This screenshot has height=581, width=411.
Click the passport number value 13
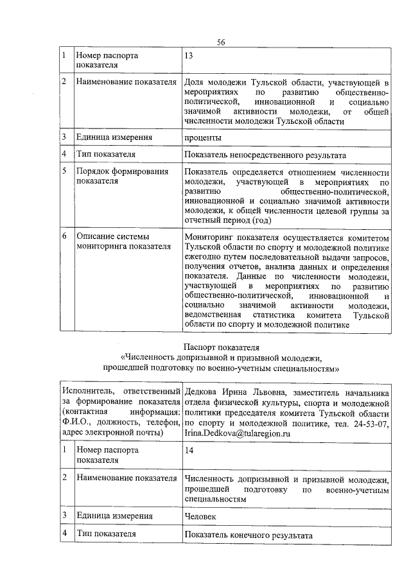pos(189,56)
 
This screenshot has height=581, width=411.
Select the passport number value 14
pos(189,451)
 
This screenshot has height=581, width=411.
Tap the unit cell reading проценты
pos(203,137)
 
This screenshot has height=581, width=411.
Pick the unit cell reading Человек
pos(200,516)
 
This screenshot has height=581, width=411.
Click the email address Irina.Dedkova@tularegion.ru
pos(237,434)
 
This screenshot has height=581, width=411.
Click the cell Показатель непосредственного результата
pos(265,155)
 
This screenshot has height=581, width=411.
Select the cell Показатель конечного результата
pos(248,535)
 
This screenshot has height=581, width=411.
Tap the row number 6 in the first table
pos(65,236)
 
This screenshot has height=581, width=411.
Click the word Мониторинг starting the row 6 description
pos(209,236)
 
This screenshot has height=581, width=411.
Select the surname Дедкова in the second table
pos(202,392)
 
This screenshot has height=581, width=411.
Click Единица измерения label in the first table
pos(114,137)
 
